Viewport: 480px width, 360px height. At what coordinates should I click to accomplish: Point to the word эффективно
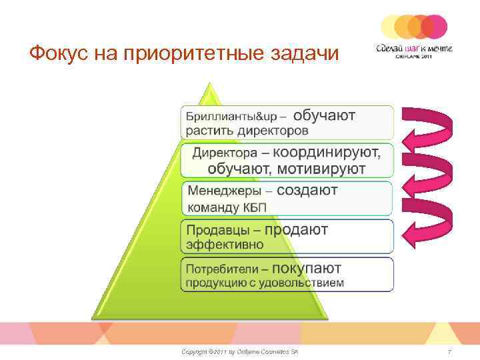click(x=225, y=245)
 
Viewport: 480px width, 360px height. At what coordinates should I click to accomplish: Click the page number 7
click(x=450, y=351)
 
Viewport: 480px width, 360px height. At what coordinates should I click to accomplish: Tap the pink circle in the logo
click(x=435, y=27)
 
